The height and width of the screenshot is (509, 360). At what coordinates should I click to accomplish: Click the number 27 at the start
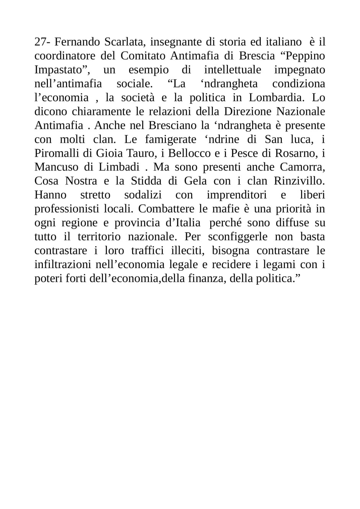pos(40,42)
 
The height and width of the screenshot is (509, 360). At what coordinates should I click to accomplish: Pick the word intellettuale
pos(238,70)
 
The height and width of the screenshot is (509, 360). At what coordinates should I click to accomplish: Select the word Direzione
pos(249,111)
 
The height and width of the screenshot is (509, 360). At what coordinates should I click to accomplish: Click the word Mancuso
pos(56,167)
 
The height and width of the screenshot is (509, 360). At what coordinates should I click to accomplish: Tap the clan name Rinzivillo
pos(299,181)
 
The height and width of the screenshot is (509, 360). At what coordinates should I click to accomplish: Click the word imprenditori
pos(236,195)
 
